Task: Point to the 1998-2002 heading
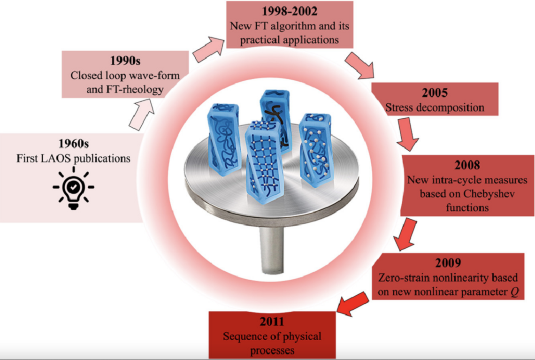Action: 289,11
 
